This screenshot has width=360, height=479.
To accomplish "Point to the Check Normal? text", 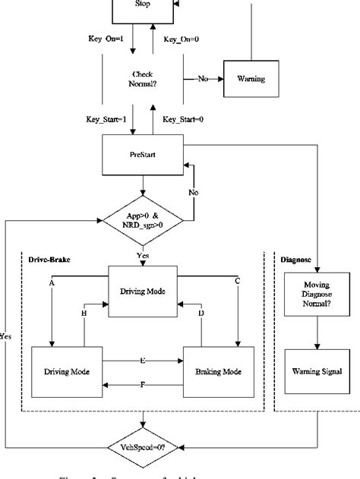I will [x=143, y=78].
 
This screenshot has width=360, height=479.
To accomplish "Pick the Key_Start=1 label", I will [x=106, y=119].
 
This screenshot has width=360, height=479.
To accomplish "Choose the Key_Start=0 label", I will [x=183, y=119].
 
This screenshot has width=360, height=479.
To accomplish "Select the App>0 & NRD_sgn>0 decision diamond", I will [x=143, y=220].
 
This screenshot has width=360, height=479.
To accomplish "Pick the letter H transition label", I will [x=84, y=313].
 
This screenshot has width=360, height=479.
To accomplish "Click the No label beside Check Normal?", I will [x=203, y=78].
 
